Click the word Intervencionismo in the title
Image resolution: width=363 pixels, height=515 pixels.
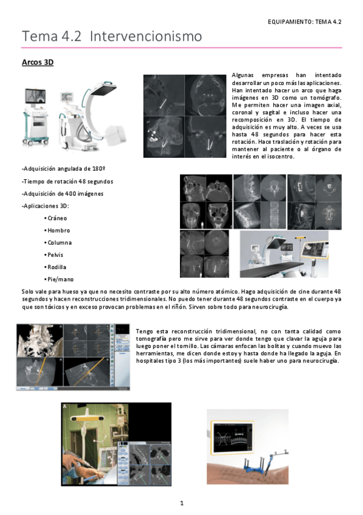[x=146, y=36]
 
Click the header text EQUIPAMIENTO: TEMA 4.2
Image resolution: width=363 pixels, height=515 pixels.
[x=304, y=22]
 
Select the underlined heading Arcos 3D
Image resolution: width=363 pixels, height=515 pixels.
[x=38, y=62]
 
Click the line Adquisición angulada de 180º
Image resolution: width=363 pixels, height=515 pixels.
[x=64, y=169]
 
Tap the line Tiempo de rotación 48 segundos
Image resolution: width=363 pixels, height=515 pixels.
[x=67, y=182]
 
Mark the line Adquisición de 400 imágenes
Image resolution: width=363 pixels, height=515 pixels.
[x=62, y=194]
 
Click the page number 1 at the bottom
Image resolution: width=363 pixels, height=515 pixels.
[x=182, y=503]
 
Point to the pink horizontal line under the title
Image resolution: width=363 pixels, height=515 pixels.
[x=182, y=47]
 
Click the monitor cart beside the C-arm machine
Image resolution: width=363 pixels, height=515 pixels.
[x=35, y=117]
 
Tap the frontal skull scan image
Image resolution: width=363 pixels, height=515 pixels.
[x=193, y=216]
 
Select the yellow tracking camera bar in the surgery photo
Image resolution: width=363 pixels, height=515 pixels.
[x=87, y=418]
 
